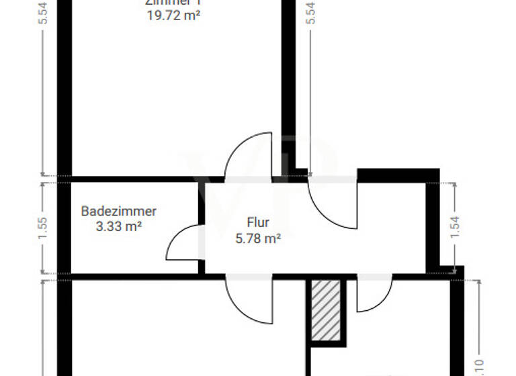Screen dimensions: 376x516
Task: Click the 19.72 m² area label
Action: point(173,14)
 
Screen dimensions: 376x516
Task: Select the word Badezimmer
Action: point(119,211)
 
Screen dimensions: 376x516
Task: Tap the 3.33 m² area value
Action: point(119,226)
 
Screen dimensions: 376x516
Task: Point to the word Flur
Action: point(257,222)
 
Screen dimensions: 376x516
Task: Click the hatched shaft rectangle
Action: point(327,310)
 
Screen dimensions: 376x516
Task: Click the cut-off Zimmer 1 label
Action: point(173,2)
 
